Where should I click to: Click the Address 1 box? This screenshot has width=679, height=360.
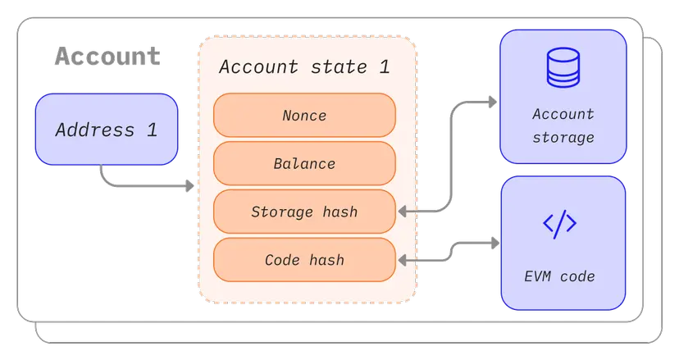[106, 130]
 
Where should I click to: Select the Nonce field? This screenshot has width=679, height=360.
[304, 116]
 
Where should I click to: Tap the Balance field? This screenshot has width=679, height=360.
[304, 163]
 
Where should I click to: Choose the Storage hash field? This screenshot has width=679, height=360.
[304, 212]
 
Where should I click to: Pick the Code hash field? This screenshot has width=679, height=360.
[304, 260]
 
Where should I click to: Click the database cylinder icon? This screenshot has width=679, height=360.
[563, 68]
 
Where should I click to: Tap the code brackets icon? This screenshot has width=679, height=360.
[560, 224]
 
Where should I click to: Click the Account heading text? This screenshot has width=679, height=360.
[107, 57]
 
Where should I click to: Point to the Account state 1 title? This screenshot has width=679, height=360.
[304, 66]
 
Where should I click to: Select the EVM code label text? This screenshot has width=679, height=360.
[560, 276]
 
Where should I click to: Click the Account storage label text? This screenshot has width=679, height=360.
[563, 125]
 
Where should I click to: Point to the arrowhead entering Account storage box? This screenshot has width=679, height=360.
[493, 102]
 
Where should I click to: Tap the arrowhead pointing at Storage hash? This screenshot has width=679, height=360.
[403, 212]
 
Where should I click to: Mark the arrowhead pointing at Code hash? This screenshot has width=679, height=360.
[403, 260]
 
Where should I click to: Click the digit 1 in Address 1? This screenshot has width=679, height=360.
[152, 130]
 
